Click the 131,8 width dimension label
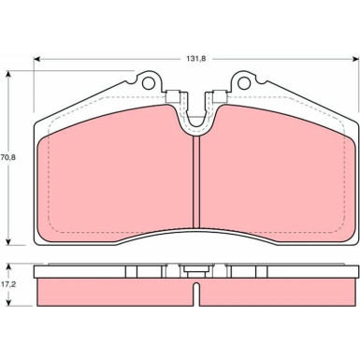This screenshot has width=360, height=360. (196, 59)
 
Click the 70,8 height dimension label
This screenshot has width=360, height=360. (8, 157)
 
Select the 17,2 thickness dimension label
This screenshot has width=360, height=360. (8, 284)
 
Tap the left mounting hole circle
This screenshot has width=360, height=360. (149, 83)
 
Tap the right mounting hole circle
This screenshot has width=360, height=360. (244, 83)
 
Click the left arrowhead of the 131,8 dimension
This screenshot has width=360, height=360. (37, 59)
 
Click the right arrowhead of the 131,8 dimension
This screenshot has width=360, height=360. (355, 59)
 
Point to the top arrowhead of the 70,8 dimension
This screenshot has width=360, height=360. (8, 75)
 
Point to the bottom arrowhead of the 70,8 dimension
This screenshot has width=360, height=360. (8, 241)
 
